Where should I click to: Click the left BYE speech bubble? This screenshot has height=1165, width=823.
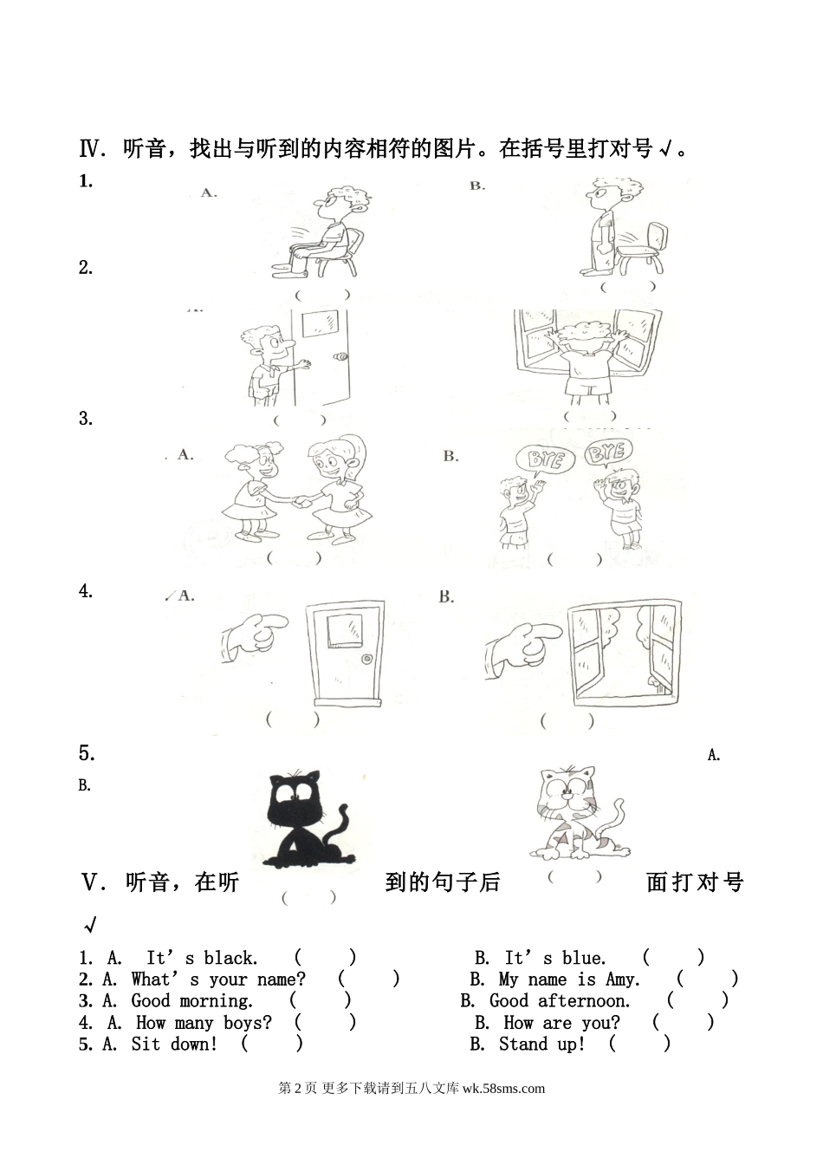545,460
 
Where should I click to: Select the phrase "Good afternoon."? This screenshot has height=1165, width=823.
560,1001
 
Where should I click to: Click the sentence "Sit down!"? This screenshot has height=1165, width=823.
174,1044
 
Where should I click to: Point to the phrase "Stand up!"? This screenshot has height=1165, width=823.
541,1044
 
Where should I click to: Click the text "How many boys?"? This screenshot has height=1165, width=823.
204,1023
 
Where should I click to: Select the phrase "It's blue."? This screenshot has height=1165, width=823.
555,958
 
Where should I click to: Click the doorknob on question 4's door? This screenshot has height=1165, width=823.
367,659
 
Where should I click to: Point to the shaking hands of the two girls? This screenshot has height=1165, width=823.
301,502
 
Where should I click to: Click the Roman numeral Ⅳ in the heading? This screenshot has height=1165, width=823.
89,149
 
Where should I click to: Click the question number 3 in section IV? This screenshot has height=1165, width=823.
85,419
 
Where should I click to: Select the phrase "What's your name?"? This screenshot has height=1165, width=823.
218,980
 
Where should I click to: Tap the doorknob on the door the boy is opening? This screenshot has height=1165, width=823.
341,357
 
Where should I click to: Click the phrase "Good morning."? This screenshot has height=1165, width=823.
191,1001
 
